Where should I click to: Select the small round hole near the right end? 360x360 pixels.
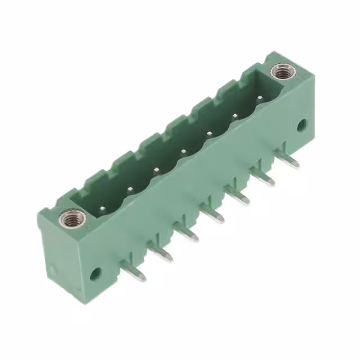[x=301, y=124]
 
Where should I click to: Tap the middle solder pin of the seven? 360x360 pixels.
[x=214, y=216]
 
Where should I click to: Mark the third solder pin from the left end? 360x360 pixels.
[x=188, y=235]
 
